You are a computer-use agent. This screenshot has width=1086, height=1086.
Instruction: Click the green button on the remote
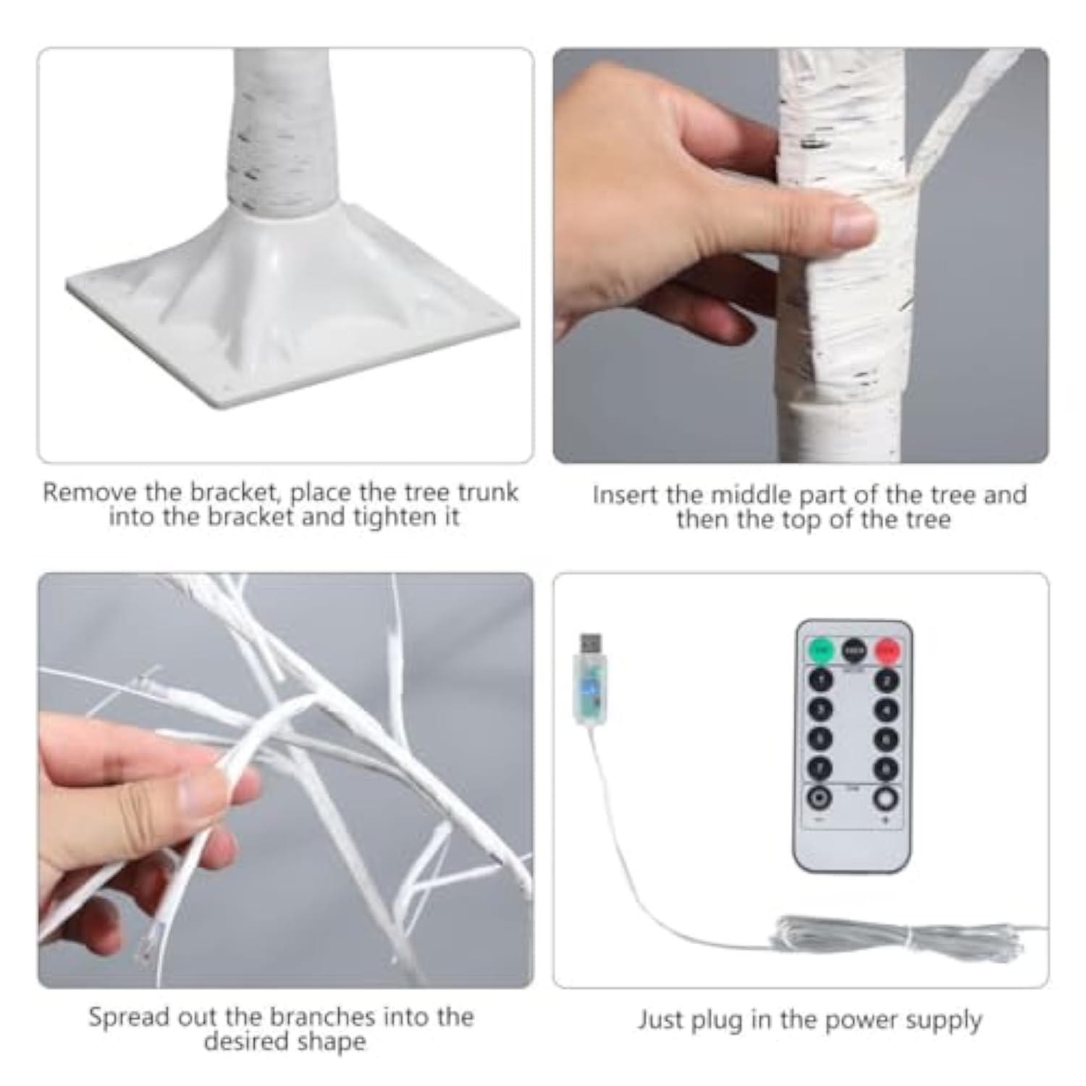coord(820,650)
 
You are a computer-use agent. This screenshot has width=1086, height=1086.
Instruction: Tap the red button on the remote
coord(887,650)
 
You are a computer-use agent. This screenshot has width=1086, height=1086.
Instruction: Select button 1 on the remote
coord(820,681)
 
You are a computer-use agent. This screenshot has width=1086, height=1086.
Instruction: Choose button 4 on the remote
coord(887,710)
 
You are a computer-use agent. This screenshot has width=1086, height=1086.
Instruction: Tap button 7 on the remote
coord(820,768)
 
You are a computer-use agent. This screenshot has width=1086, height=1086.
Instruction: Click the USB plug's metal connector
coord(590,643)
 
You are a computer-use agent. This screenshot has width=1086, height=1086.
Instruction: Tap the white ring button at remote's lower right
coord(886,799)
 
